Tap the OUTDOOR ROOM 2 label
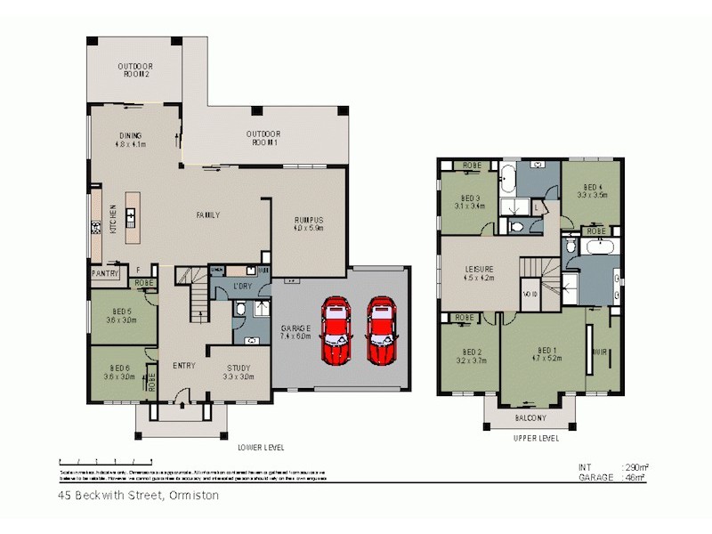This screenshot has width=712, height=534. pos(135,70)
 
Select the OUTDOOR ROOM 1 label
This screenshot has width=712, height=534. pos(263,138)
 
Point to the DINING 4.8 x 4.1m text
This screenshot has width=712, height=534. pos(130,139)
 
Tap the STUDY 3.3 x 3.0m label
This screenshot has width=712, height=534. pos(238,372)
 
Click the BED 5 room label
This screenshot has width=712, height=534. pos(120,314)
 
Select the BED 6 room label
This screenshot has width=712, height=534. pos(120,372)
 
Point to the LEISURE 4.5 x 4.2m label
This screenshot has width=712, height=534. pos(479,272)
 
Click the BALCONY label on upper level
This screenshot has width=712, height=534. pos(531,418)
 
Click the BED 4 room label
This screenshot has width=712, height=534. pos(592,190)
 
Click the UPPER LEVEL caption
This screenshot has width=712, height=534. pos(537,439)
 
